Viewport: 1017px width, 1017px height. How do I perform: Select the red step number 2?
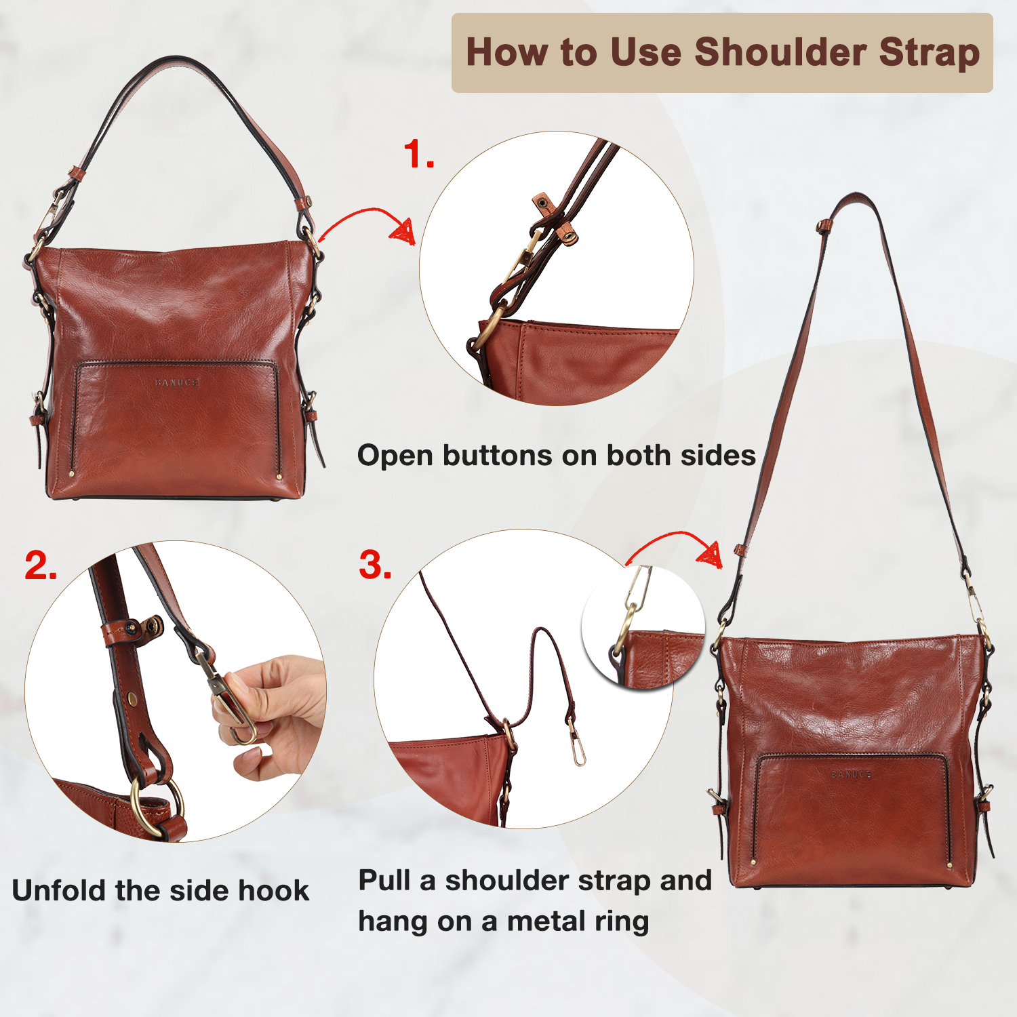(x=41, y=565)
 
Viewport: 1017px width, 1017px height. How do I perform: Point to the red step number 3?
(x=375, y=565)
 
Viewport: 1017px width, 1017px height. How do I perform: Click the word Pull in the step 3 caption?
(x=384, y=880)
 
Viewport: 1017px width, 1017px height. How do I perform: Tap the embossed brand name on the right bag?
(x=851, y=774)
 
